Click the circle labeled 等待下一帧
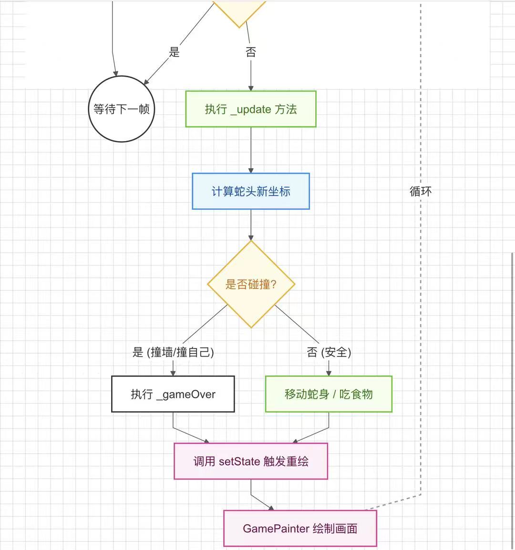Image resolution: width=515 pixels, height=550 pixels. [122, 109]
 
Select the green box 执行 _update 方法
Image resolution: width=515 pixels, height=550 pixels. [251, 109]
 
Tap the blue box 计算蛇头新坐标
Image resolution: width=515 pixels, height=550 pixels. [251, 191]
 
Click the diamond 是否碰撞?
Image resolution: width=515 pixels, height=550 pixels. [251, 284]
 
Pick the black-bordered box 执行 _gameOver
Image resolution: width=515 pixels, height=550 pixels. [173, 394]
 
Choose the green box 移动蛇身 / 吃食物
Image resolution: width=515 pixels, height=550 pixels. [329, 394]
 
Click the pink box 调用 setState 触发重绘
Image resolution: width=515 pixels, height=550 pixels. [251, 461]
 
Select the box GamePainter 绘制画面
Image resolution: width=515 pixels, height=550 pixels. [300, 528]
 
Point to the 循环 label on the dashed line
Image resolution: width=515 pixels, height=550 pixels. [421, 191]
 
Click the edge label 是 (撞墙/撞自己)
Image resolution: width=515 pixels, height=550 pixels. [173, 352]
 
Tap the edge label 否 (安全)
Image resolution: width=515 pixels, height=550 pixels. [329, 352]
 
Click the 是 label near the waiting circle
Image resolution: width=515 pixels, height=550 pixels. [175, 52]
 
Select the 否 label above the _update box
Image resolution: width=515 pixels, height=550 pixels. [251, 52]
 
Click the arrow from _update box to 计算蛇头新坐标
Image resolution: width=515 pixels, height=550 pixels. [251, 150]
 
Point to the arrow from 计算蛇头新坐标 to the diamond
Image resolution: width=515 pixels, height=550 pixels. [251, 224]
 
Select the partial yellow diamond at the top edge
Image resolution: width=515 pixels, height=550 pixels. [238, 12]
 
